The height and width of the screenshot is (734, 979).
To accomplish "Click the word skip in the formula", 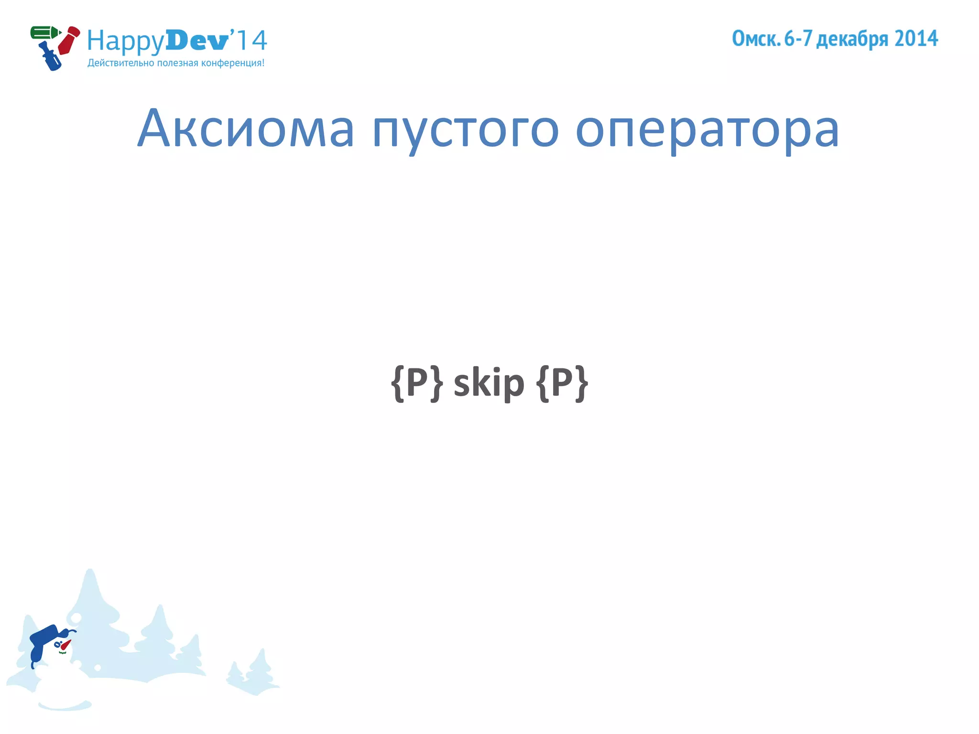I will [x=489, y=383].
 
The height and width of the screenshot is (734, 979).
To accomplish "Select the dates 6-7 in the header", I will [x=798, y=39].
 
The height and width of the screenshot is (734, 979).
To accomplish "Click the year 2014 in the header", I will [x=916, y=39].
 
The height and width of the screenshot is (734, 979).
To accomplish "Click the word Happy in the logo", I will [x=126, y=41].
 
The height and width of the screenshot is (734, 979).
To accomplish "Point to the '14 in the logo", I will [x=249, y=40].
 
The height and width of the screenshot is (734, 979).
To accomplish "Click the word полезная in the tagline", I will [x=177, y=63].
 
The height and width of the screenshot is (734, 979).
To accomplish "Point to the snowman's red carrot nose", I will [x=65, y=645].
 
